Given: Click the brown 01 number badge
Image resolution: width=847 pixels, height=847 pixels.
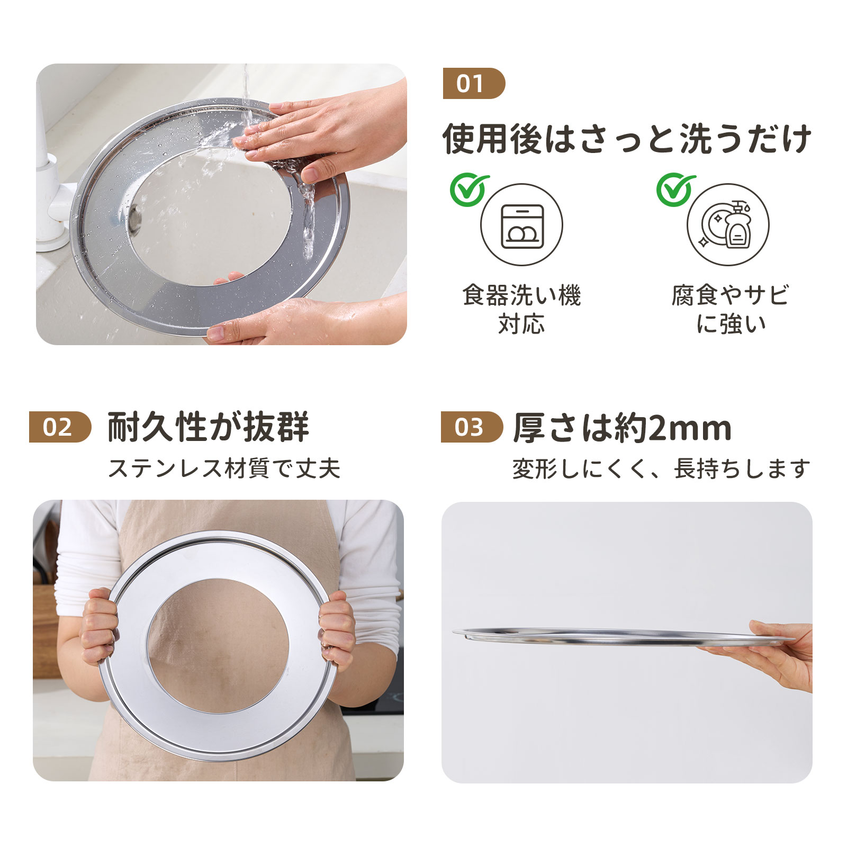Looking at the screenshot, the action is (474, 84).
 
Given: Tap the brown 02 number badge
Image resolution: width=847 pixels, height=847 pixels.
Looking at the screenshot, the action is (60, 427).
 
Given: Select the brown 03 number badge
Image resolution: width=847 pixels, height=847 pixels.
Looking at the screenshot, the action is (472, 427).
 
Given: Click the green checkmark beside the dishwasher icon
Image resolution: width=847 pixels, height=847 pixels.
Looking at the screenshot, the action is (469, 190).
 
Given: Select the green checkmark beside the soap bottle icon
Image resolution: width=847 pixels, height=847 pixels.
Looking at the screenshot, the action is (675, 190).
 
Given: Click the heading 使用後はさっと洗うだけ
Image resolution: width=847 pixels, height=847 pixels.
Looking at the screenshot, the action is (627, 139).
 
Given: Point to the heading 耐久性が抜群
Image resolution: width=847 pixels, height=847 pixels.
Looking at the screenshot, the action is (208, 427).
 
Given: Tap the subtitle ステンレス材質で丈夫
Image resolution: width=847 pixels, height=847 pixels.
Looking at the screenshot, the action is (224, 468).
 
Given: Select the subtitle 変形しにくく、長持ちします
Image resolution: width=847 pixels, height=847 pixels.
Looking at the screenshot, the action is (661, 468).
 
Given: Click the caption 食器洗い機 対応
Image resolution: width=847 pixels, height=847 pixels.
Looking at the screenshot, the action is (522, 310).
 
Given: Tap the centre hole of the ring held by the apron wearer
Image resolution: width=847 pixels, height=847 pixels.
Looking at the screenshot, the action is (218, 646).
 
